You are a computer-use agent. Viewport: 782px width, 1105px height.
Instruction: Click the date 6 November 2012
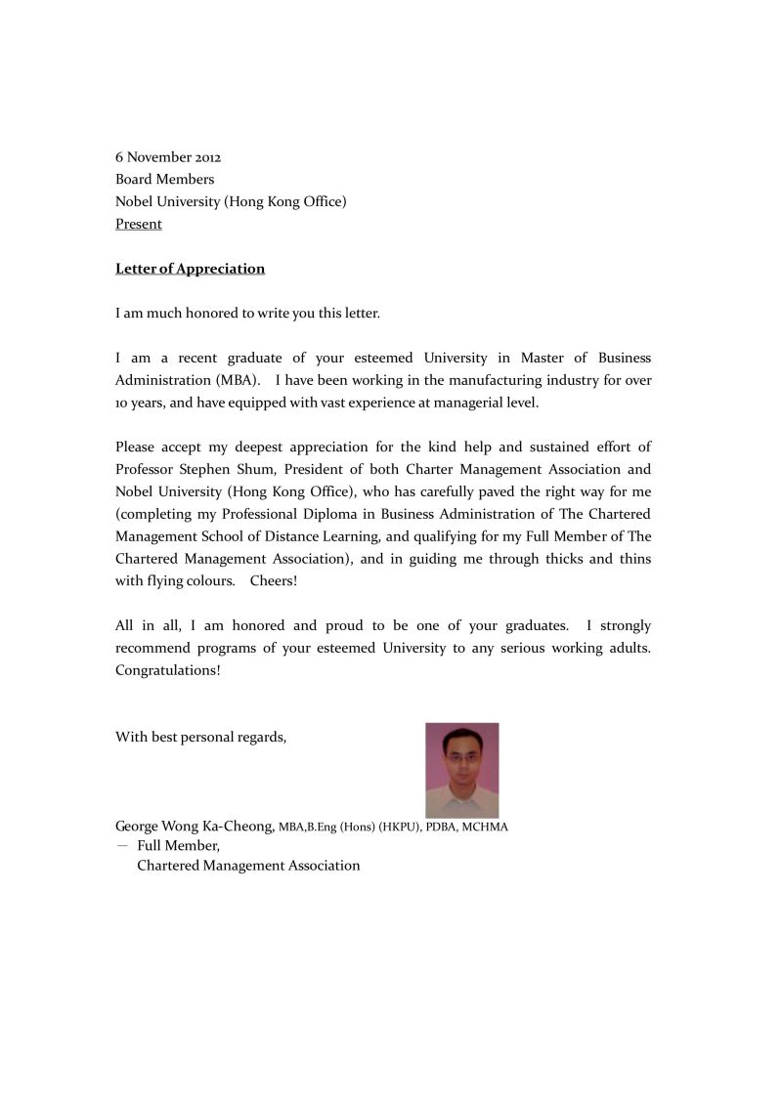click(x=168, y=157)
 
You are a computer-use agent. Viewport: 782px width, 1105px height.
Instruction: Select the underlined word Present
click(x=139, y=225)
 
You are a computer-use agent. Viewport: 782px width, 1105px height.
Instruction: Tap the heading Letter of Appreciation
click(x=190, y=269)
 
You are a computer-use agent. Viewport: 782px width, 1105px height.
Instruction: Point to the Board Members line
click(x=164, y=180)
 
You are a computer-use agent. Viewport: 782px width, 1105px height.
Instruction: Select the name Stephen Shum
click(x=232, y=469)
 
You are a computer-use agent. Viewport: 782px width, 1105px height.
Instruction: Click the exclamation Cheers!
click(x=274, y=581)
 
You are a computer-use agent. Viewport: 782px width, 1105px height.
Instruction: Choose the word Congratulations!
click(x=168, y=671)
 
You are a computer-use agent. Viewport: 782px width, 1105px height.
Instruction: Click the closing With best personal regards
click(x=200, y=738)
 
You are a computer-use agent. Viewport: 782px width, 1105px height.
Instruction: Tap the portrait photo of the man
click(x=461, y=770)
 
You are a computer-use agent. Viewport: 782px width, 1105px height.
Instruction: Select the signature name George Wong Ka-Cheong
click(x=195, y=827)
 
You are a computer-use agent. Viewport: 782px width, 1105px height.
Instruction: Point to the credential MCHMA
click(x=485, y=828)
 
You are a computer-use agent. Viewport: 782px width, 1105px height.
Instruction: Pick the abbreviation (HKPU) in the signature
click(x=400, y=828)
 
